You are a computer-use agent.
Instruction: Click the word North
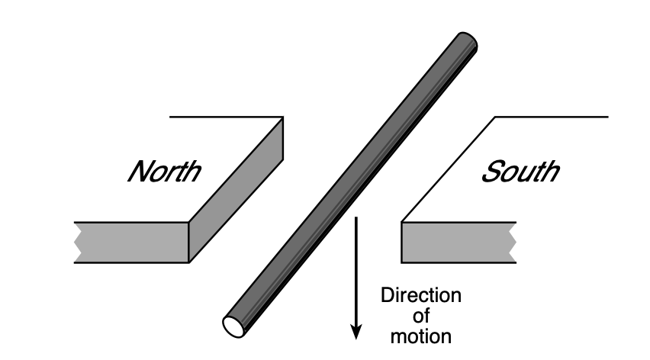coord(164,170)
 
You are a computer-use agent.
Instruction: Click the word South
coord(519,170)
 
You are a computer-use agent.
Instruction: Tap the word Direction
coord(421,295)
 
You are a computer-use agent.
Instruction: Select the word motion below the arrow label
coord(421,335)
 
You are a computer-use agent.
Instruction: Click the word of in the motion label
coord(421,315)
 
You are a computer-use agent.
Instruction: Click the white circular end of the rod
coord(233,324)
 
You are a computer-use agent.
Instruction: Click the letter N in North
coord(138,170)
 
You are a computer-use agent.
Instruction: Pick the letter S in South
coord(489,170)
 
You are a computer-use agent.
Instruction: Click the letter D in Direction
coord(387,295)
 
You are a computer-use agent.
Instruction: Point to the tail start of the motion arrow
coord(356,219)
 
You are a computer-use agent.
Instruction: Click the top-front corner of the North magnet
coord(188,222)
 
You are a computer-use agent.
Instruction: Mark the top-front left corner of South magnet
coord(402,222)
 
